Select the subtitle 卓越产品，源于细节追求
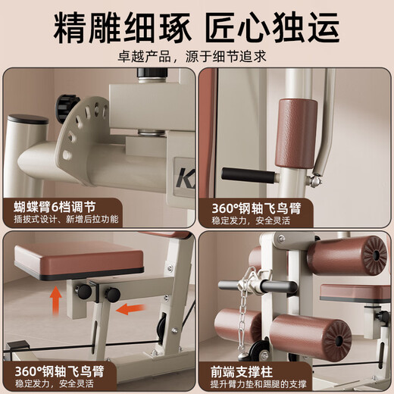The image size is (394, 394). pyautogui.click(x=197, y=56)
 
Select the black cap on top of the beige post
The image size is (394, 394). pyautogui.click(x=28, y=119)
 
